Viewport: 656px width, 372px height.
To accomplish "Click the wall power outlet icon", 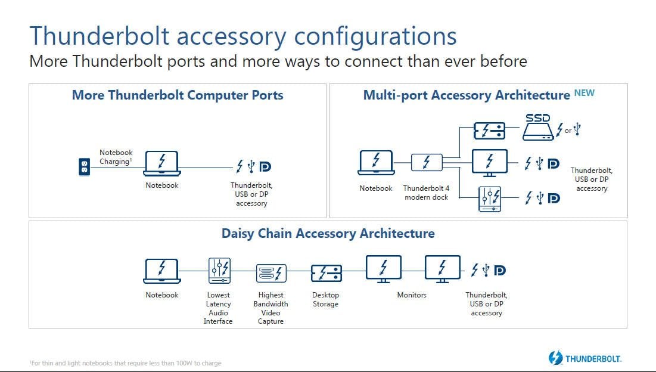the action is (x=85, y=166).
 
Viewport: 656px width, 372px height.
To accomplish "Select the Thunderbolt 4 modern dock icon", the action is (x=427, y=162).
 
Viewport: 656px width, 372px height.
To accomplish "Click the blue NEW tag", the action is (x=584, y=93).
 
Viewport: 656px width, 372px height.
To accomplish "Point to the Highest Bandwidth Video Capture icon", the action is (x=271, y=274).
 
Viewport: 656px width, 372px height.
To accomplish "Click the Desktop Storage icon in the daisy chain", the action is (x=327, y=273).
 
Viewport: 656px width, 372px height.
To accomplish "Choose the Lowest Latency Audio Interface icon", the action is (x=219, y=271).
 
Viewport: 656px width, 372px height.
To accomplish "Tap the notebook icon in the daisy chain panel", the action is (x=162, y=271).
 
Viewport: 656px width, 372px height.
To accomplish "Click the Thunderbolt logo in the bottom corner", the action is (x=585, y=358).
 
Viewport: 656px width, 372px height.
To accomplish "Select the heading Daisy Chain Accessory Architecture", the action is (x=328, y=233).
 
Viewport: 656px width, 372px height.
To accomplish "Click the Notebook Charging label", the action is (x=116, y=157).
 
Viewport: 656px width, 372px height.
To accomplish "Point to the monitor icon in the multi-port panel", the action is (x=490, y=163).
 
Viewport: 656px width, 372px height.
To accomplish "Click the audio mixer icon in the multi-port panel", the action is (x=490, y=199).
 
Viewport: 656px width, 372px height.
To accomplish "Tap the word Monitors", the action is (x=412, y=295).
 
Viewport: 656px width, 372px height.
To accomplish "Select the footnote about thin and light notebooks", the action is (x=125, y=363).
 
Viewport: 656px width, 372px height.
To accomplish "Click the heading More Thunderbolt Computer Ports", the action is (x=178, y=95).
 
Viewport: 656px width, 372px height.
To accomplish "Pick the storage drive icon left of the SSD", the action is (x=489, y=131).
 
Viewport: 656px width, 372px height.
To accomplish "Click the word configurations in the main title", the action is (x=375, y=36).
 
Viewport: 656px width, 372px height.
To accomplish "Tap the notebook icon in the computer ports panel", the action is (x=162, y=163).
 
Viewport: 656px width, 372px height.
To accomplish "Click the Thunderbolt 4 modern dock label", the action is (x=427, y=193).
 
